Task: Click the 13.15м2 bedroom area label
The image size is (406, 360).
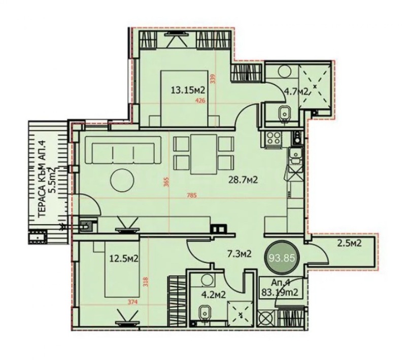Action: point(187,90)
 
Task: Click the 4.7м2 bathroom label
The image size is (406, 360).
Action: point(296,92)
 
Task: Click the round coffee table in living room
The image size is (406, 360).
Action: point(122,180)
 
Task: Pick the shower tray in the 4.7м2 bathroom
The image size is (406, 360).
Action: point(315,87)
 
